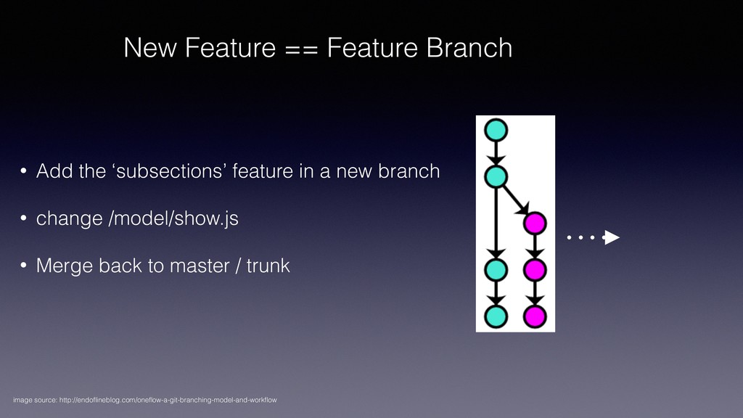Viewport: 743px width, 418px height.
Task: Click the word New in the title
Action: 147,49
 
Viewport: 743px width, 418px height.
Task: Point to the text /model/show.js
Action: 173,219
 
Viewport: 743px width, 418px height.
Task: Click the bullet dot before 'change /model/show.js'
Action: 24,220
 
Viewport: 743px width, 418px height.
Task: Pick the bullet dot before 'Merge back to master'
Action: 24,267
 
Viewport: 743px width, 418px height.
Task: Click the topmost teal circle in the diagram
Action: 496,130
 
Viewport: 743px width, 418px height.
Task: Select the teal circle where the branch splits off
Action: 496,176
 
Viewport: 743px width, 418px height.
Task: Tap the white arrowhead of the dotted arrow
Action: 612,237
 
